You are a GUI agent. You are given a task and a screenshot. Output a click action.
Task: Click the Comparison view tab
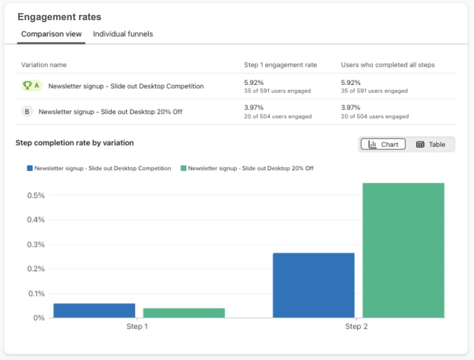[x=51, y=34]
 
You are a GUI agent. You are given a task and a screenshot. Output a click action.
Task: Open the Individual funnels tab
[x=123, y=34]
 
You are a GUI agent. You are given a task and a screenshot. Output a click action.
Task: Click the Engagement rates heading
[x=59, y=17]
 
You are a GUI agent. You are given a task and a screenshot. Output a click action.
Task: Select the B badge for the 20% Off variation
[x=27, y=112]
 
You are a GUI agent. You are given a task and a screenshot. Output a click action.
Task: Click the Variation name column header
[x=44, y=65]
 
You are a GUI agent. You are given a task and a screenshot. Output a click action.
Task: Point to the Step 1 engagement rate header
[x=280, y=65]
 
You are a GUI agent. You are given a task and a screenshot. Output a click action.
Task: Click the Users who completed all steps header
[x=387, y=65]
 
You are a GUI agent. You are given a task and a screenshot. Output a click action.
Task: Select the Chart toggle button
[x=383, y=144]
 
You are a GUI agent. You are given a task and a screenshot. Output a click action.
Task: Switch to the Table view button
[x=430, y=144]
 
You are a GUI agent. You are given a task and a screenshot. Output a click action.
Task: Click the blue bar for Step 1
[x=94, y=310]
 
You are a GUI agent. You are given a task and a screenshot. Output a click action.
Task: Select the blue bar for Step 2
[x=314, y=285]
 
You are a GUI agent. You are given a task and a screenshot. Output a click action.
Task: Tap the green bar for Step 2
[x=403, y=250]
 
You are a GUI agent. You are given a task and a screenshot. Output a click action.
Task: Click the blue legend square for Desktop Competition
[x=30, y=168]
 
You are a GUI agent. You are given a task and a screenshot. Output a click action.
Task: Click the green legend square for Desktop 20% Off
[x=183, y=168]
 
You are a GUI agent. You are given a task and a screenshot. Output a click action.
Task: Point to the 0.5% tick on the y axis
[x=36, y=195]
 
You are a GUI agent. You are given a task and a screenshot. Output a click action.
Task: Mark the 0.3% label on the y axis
[x=36, y=244]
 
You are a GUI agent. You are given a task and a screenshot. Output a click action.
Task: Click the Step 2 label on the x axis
[x=356, y=327]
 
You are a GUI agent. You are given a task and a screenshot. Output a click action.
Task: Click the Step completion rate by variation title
[x=74, y=143]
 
